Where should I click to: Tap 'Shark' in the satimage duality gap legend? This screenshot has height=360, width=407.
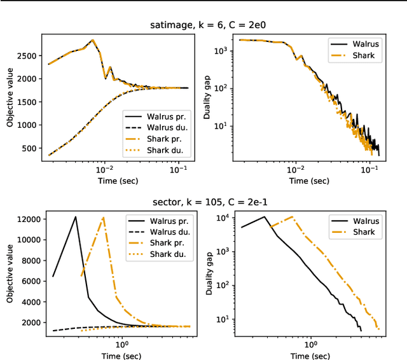point(365,55)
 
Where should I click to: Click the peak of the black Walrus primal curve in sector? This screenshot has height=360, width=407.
point(76,217)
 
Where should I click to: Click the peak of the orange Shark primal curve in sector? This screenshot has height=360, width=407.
point(103,218)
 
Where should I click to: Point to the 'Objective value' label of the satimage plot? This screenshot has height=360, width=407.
point(10,99)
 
